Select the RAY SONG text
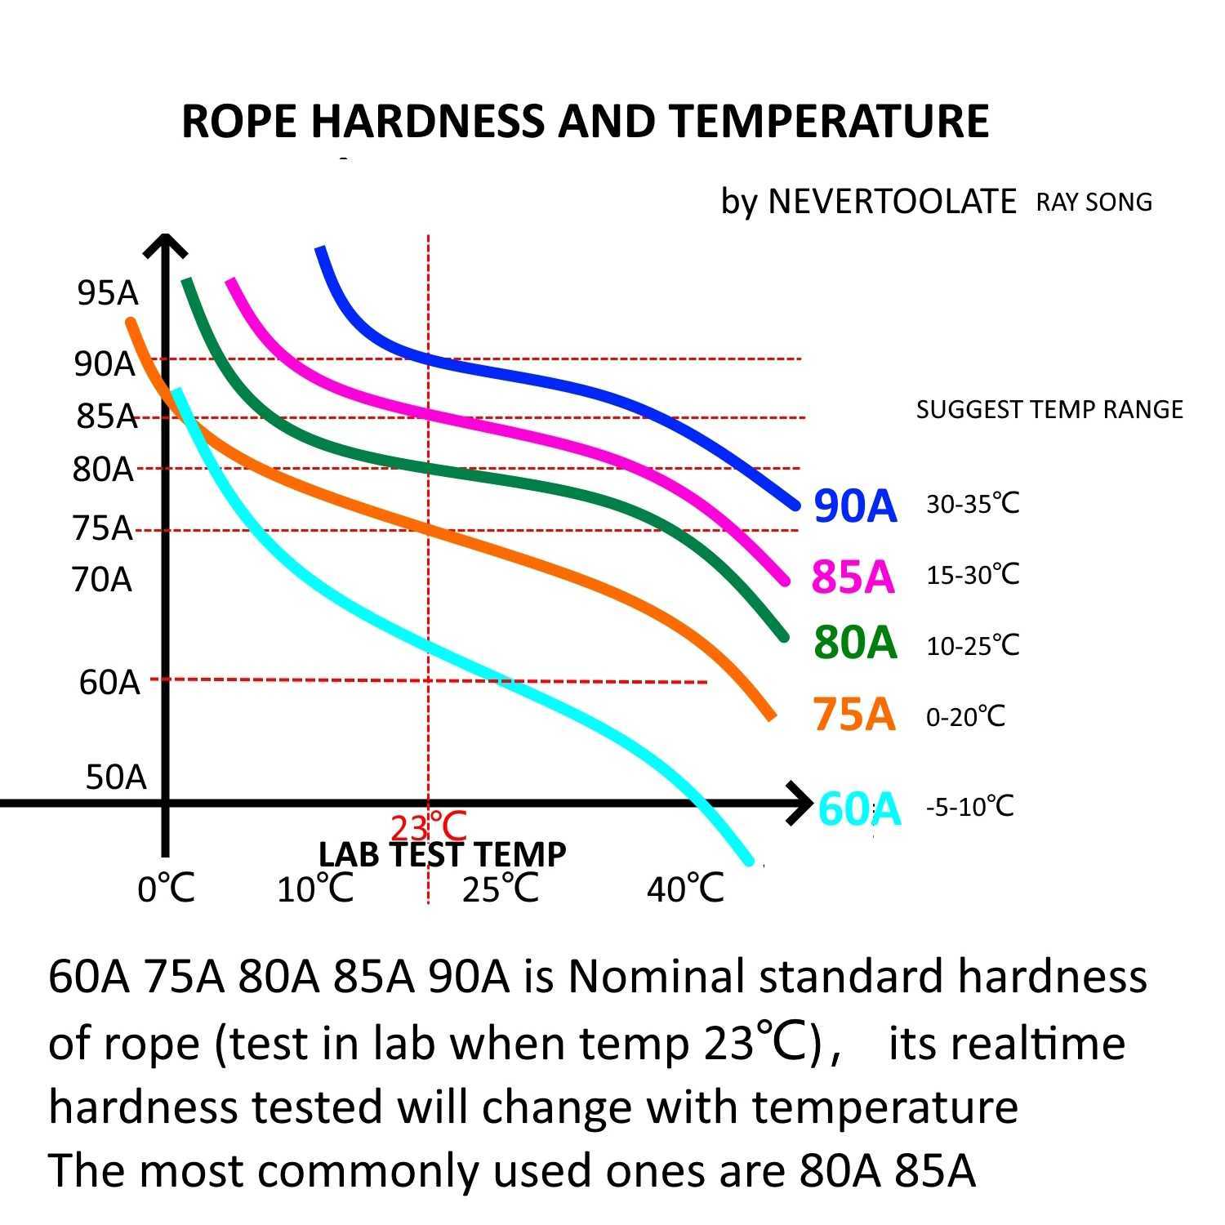pos(1094,202)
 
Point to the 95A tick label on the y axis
pos(107,292)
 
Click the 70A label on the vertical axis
pos(101,579)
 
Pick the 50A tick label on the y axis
pos(115,777)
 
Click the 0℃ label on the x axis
pos(166,888)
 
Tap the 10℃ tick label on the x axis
pos(314,888)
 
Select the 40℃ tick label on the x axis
pos(684,888)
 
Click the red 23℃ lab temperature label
pos(428,827)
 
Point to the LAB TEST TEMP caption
pos(442,854)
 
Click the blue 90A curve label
pos(855,506)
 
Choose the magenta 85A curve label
pos(853,577)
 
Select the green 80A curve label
pos(855,642)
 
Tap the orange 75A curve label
pos(853,714)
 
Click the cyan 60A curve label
pos(858,809)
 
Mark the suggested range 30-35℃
pos(972,504)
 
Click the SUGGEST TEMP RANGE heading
pos(1049,409)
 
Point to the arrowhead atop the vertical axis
pos(166,245)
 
